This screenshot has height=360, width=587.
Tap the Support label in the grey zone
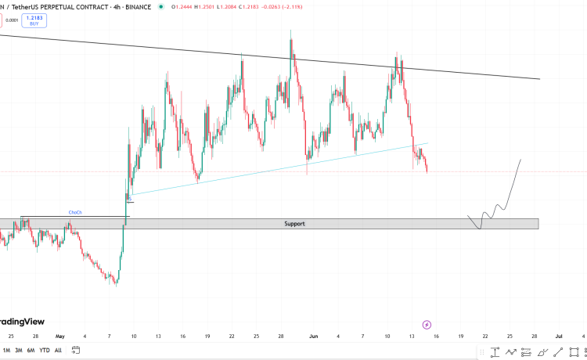294,224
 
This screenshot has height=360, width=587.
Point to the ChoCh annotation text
75,212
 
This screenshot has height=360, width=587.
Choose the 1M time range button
7,350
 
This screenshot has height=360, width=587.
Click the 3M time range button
19,350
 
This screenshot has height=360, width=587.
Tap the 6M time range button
31,350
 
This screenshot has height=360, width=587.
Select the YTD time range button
44,350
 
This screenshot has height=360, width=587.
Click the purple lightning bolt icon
427,323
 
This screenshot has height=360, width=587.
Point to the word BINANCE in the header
136,7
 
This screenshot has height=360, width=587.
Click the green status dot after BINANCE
161,7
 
